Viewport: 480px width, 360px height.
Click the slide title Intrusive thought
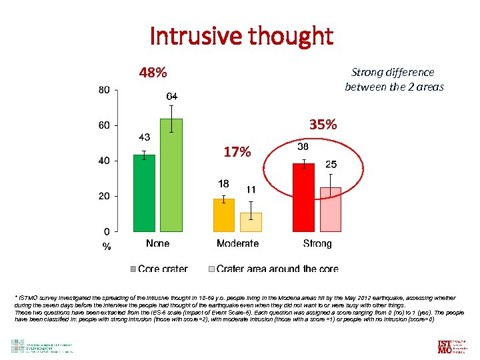pos(241,36)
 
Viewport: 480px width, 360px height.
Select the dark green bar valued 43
pos(144,193)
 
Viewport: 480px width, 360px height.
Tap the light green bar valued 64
pos(171,175)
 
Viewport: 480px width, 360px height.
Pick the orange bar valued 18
pos(224,215)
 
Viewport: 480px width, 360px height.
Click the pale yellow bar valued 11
pos(251,222)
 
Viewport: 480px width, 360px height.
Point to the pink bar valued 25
pos(331,209)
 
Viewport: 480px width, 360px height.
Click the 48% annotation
pos(153,72)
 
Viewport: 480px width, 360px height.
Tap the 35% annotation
pos(323,125)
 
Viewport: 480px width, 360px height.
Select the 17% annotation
pos(237,152)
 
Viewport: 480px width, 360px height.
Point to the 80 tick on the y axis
pos(105,90)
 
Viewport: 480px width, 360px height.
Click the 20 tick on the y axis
pos(105,197)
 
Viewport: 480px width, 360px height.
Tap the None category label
pos(157,243)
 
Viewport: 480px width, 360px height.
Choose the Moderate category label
pos(237,243)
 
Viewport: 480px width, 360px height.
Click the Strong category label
pos(317,243)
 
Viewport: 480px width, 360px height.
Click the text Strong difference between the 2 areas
pos(393,79)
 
